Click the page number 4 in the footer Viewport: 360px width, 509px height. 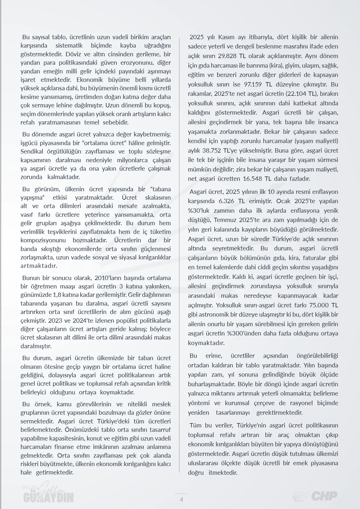(181, 499)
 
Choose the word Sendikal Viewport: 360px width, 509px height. (31, 151)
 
